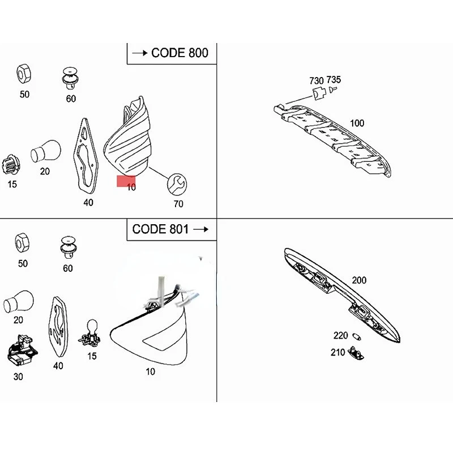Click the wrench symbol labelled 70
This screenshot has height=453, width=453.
[x=177, y=185]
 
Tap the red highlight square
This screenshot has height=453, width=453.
[x=126, y=181]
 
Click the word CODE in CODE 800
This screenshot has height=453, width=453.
[x=168, y=53]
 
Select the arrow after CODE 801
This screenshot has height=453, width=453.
[x=201, y=229]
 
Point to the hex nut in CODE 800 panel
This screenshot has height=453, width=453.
[x=24, y=74]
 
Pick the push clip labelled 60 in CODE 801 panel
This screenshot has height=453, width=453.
[x=69, y=247]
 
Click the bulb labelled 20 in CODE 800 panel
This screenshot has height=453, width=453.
[x=46, y=151]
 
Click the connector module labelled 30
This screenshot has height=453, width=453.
[x=22, y=352]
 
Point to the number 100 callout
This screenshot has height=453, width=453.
[x=357, y=123]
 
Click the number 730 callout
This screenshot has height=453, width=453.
[x=317, y=80]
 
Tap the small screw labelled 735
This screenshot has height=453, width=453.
[x=332, y=89]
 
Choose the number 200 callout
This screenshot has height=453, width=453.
[x=359, y=280]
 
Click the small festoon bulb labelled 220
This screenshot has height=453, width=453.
[x=357, y=336]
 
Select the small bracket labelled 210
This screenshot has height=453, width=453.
[x=356, y=353]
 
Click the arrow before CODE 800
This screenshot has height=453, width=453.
[x=140, y=53]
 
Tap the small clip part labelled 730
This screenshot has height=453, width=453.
[x=319, y=93]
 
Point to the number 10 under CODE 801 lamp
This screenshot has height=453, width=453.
[x=150, y=371]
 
